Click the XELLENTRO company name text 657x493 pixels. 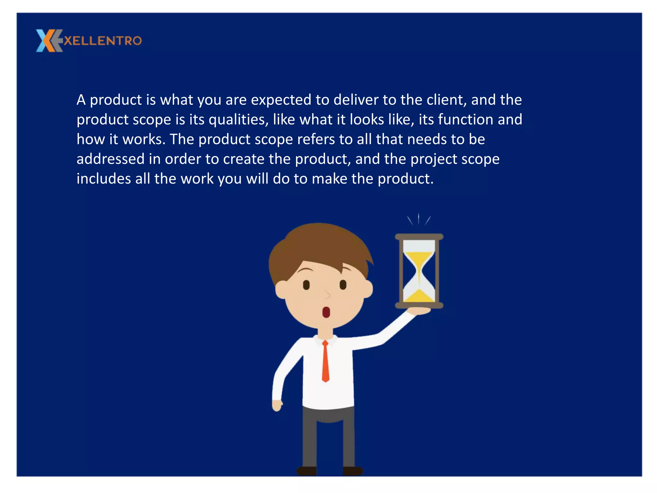click(x=103, y=41)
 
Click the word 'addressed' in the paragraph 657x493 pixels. click(x=110, y=159)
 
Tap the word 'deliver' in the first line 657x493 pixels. click(x=356, y=100)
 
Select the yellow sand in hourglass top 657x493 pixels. click(x=419, y=258)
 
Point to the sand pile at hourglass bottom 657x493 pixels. click(x=419, y=296)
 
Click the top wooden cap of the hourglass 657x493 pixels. click(x=419, y=237)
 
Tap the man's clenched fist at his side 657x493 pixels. click(x=277, y=405)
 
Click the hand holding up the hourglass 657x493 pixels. click(x=419, y=311)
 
